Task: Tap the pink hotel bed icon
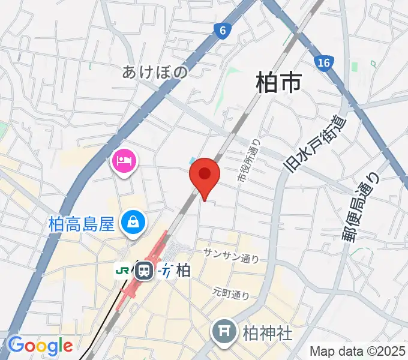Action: pos(124,160)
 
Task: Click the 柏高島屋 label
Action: pos(81,225)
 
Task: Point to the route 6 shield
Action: pos(223,30)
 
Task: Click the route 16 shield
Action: pos(324,62)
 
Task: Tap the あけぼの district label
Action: pos(155,72)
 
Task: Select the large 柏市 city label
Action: pos(278,82)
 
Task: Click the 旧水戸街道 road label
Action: pos(316,143)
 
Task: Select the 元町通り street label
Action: pos(230,293)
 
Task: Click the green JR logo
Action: pos(122,271)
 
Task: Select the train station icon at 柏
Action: pos(144,271)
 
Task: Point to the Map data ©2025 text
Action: pos(358,350)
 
